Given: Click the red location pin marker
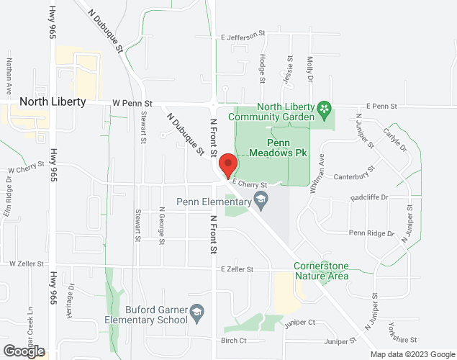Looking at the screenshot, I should [x=227, y=165].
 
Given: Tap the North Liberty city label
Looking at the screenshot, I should [x=53, y=102].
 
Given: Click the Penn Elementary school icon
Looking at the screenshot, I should [x=262, y=198].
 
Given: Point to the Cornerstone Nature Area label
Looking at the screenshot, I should [x=321, y=271].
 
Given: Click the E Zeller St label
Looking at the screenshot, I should [x=238, y=269].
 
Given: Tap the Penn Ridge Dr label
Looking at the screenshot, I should [x=371, y=233].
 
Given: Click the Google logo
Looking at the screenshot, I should [x=23, y=351].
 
